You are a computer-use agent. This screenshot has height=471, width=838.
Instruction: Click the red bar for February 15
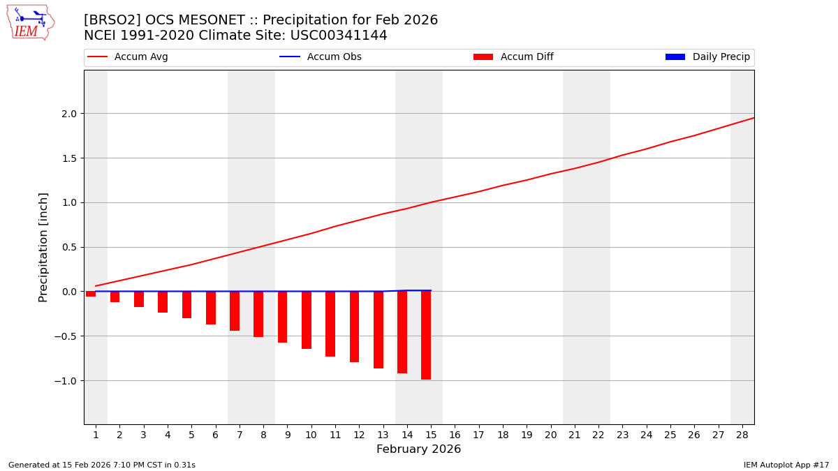[426, 335]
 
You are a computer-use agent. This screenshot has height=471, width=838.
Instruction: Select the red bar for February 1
[91, 294]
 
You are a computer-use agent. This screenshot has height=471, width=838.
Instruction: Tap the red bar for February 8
[258, 314]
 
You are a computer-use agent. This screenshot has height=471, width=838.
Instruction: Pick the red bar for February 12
[354, 327]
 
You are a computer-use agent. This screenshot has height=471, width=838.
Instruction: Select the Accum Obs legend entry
[334, 57]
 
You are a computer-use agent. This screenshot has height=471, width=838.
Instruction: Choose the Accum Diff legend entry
[527, 57]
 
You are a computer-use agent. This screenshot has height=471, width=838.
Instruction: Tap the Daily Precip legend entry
[721, 57]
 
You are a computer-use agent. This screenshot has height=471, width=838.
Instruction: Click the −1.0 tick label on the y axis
[67, 381]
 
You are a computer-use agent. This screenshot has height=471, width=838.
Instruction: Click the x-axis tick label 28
[742, 435]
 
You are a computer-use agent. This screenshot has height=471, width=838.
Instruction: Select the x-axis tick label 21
[574, 435]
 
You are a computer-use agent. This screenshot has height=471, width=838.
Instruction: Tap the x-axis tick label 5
[191, 435]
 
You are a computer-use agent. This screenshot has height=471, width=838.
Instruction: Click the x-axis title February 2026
[418, 449]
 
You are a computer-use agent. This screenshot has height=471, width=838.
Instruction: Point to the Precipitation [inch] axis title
[43, 247]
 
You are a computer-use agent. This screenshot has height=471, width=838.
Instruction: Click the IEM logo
[30, 22]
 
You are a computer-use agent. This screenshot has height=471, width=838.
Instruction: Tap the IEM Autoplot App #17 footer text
[786, 465]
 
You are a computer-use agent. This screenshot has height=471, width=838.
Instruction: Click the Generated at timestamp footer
[102, 465]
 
